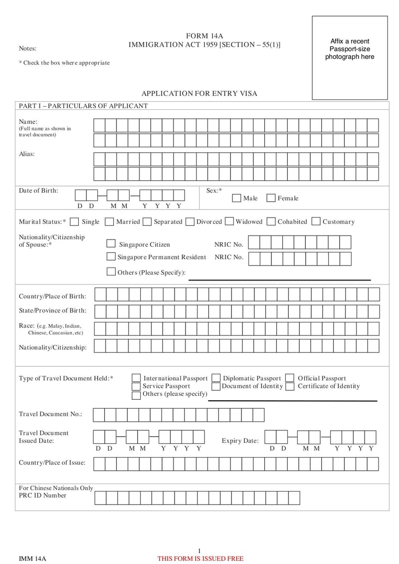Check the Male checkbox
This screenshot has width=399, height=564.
click(x=237, y=198)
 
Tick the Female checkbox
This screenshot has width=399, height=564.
click(x=271, y=198)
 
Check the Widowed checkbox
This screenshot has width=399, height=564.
click(x=229, y=222)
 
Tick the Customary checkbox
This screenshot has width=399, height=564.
click(x=316, y=222)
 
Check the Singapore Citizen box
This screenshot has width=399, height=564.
click(x=112, y=244)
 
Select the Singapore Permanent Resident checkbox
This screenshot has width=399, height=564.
click(x=112, y=257)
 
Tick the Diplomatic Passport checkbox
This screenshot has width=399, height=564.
click(x=216, y=378)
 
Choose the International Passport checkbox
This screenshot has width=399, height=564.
click(x=136, y=378)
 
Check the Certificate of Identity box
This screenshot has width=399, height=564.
click(x=290, y=386)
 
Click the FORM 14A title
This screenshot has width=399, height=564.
click(x=204, y=36)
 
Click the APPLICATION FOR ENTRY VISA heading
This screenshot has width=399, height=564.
click(x=199, y=94)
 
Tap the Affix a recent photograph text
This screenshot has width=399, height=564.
click(x=350, y=49)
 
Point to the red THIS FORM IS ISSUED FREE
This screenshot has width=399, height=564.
click(x=200, y=559)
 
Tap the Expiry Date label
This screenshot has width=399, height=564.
click(x=240, y=441)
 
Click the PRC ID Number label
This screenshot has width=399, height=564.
click(x=42, y=495)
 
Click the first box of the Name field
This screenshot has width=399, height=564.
click(x=99, y=125)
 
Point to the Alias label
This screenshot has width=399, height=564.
click(x=27, y=154)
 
